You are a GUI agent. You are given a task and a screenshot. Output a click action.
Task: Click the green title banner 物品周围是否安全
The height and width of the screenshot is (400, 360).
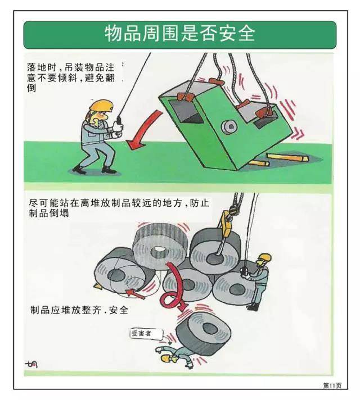tap(179, 34)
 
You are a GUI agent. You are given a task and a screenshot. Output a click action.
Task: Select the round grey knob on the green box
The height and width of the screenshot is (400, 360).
tap(229, 127)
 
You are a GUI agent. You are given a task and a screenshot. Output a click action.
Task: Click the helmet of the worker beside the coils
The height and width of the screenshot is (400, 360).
tap(265, 258)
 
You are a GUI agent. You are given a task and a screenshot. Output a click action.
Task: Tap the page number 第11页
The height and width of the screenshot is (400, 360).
tap(332, 385)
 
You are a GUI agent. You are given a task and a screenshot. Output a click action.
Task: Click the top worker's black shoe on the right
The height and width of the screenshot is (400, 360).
tap(109, 169)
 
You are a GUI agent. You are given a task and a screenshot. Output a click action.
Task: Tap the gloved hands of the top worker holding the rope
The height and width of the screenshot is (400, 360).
tap(117, 130)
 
